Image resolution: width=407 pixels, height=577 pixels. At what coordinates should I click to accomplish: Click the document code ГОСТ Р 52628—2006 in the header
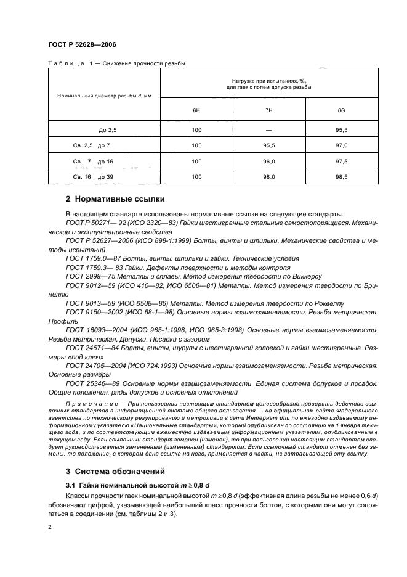point(81,44)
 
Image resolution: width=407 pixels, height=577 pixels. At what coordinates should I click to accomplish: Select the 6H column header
point(196,110)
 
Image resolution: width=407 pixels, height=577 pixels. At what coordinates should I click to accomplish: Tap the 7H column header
point(268,110)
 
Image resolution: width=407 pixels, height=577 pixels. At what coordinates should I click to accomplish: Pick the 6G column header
point(341,110)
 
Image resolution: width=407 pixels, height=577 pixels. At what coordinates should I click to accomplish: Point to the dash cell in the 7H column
point(268,131)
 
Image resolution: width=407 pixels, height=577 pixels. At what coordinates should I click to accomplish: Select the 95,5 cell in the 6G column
point(341,131)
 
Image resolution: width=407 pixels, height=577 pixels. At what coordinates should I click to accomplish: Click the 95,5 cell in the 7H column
point(268,145)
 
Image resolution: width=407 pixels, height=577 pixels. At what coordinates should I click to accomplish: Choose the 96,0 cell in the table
point(268,161)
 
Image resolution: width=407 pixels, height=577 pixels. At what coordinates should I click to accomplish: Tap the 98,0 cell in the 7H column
point(268,176)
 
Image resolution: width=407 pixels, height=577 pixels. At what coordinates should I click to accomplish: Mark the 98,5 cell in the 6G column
point(341,176)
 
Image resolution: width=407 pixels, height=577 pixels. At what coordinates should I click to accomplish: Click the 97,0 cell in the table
point(341,145)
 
